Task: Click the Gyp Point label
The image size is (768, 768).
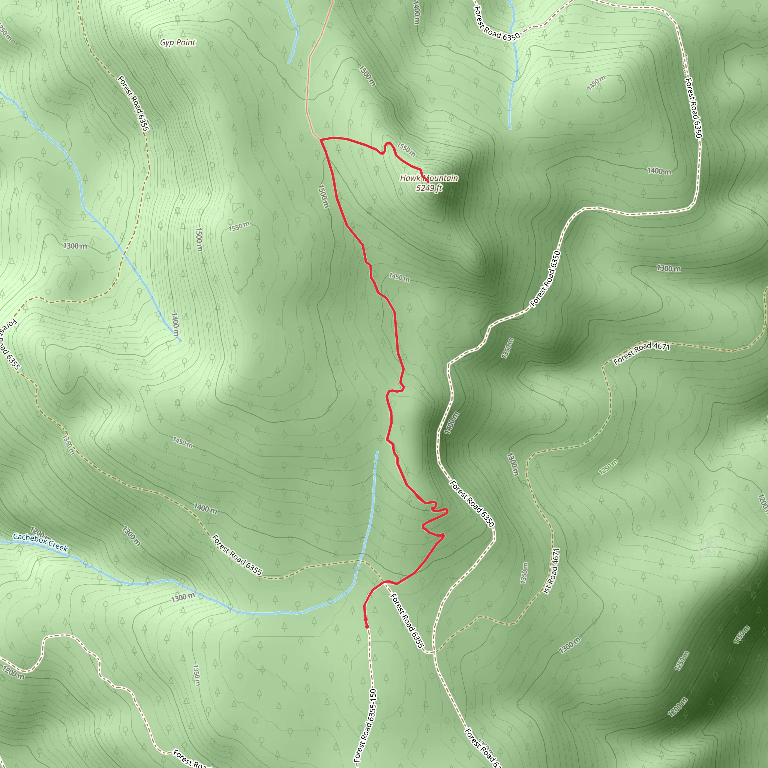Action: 178,42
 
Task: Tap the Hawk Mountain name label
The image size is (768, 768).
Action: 429,178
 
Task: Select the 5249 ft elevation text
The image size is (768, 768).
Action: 429,188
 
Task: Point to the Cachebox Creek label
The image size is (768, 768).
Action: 40,542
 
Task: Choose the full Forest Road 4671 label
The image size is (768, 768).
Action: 642,353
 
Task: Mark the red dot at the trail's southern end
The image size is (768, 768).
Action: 367,627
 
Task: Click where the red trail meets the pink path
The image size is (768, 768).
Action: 320,139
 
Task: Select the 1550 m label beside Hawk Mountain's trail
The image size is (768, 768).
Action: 406,149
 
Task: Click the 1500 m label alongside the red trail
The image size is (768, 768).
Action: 323,196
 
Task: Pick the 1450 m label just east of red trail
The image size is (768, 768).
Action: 399,277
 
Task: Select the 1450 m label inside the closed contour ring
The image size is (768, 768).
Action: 596,82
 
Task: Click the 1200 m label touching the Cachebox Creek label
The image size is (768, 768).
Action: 39,531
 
